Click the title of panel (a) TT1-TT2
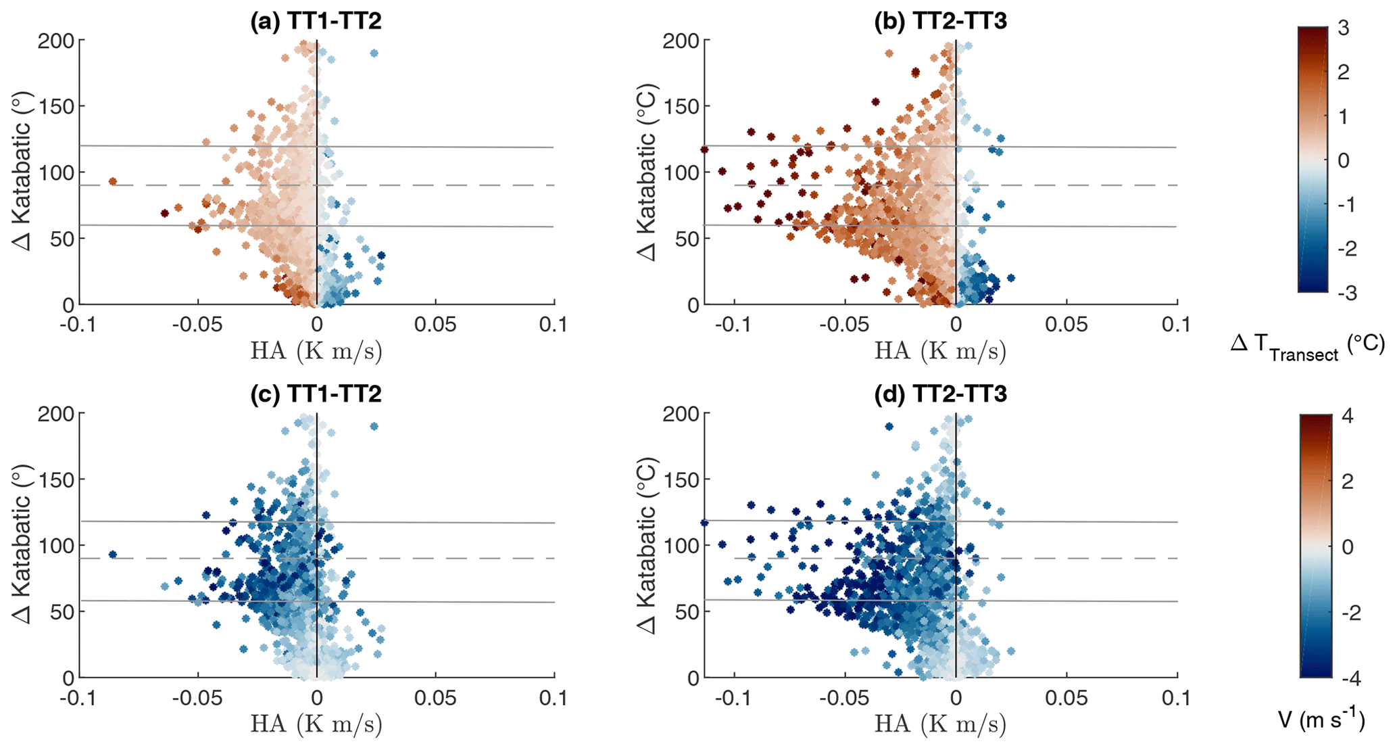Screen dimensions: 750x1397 point(316,21)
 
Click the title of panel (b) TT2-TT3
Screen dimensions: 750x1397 point(940,21)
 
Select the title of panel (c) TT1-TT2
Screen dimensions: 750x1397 point(316,394)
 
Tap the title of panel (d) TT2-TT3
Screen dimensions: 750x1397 point(940,394)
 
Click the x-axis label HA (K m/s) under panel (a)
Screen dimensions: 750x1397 point(316,351)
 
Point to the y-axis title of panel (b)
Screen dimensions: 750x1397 point(647,172)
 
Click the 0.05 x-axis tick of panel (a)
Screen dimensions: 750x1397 point(435,325)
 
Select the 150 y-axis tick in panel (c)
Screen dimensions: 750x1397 point(57,479)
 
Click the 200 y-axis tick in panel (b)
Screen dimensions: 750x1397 point(681,41)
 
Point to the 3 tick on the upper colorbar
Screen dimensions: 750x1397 point(1343,28)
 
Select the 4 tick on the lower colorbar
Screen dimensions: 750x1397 point(1347,416)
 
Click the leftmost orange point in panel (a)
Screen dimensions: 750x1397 point(113,181)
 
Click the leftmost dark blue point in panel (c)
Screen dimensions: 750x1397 point(113,555)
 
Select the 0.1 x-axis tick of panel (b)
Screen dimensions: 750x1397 point(1176,325)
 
